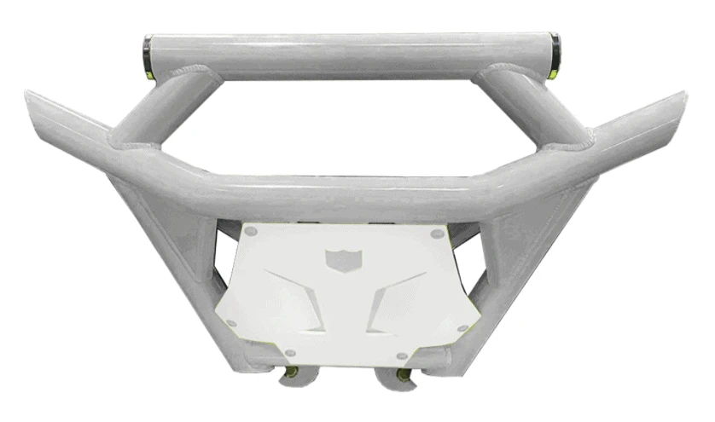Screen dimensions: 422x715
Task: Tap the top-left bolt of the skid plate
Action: coord(250,230)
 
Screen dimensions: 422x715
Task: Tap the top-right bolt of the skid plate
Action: coord(437,232)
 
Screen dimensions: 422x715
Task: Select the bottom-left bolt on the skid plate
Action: coord(290,352)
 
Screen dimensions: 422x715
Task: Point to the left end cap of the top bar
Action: coord(148,56)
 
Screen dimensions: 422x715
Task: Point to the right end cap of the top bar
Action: coord(555,56)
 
